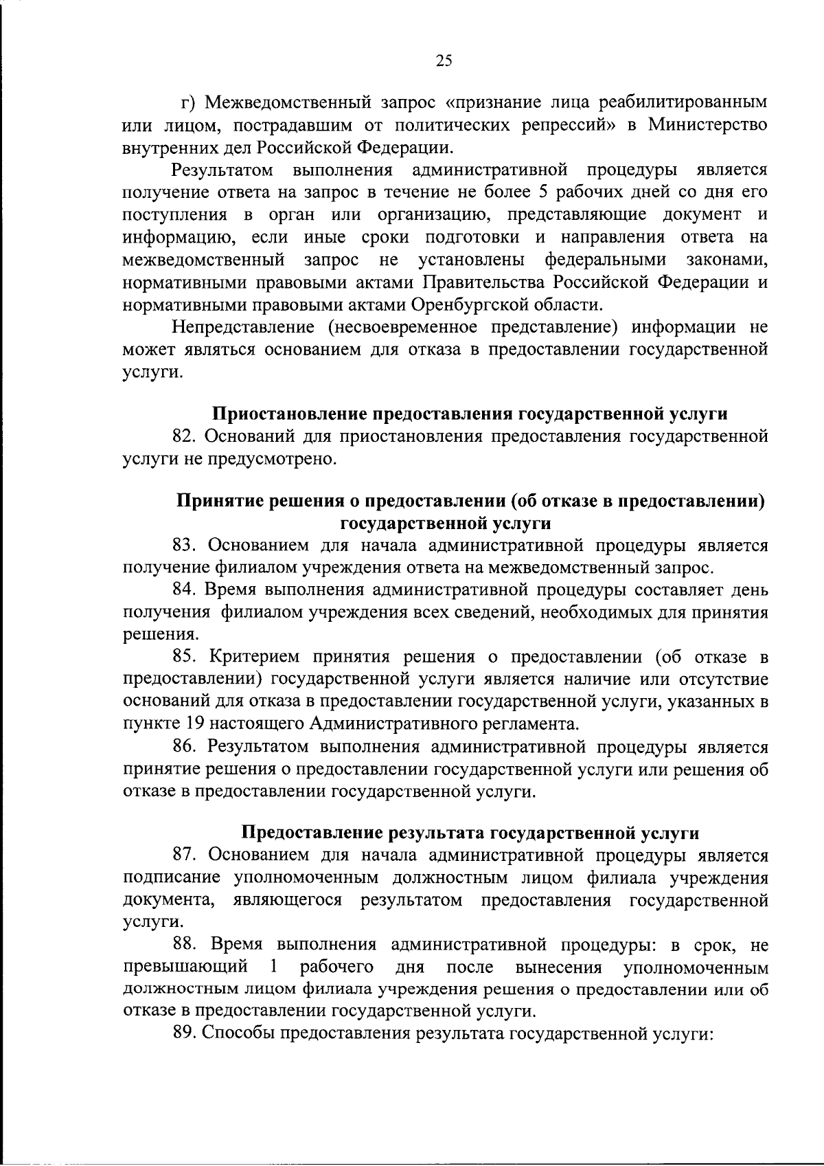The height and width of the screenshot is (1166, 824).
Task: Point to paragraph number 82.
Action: pyautogui.click(x=184, y=436)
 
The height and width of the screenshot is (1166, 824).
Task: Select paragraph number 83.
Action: pyautogui.click(x=184, y=546)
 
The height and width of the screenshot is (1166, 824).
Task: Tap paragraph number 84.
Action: pyautogui.click(x=184, y=590)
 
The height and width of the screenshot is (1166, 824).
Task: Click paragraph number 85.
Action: pyautogui.click(x=184, y=657)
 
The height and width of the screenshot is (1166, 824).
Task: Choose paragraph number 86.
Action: pyautogui.click(x=184, y=746)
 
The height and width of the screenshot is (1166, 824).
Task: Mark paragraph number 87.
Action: pyautogui.click(x=184, y=855)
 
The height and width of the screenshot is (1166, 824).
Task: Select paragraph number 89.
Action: pyautogui.click(x=184, y=1033)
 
